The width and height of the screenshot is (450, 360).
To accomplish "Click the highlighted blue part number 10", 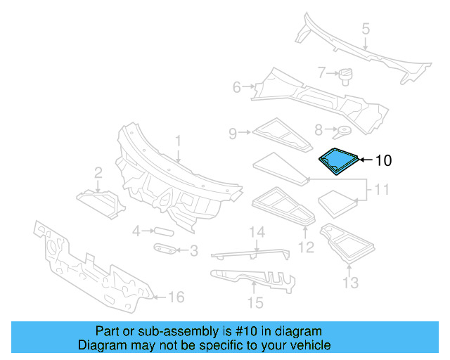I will pos(338,160).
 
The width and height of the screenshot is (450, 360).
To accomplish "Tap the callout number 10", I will pos(382,160).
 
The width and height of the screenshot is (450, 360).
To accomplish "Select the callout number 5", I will pos(366,29).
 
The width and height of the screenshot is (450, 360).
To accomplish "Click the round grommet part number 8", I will pos(344,130).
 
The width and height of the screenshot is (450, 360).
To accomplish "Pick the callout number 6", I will pos(237,87).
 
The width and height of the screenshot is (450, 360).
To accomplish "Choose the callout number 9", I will pos(233,131).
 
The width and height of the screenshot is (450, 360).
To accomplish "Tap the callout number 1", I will pos(178,141).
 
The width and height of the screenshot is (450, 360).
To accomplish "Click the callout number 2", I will pos(98,172).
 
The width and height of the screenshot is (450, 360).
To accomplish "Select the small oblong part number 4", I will pos(162,230).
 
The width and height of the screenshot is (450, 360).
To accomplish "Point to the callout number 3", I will pos(193,250).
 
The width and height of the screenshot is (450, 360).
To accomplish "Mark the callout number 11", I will pos(381,190).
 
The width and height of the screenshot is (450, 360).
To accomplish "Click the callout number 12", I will pos(306,246).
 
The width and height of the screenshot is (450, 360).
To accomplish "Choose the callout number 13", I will pos(350,283).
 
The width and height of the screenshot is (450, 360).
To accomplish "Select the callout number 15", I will pos(255,303).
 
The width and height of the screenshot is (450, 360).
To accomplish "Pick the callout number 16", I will pos(176,297).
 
